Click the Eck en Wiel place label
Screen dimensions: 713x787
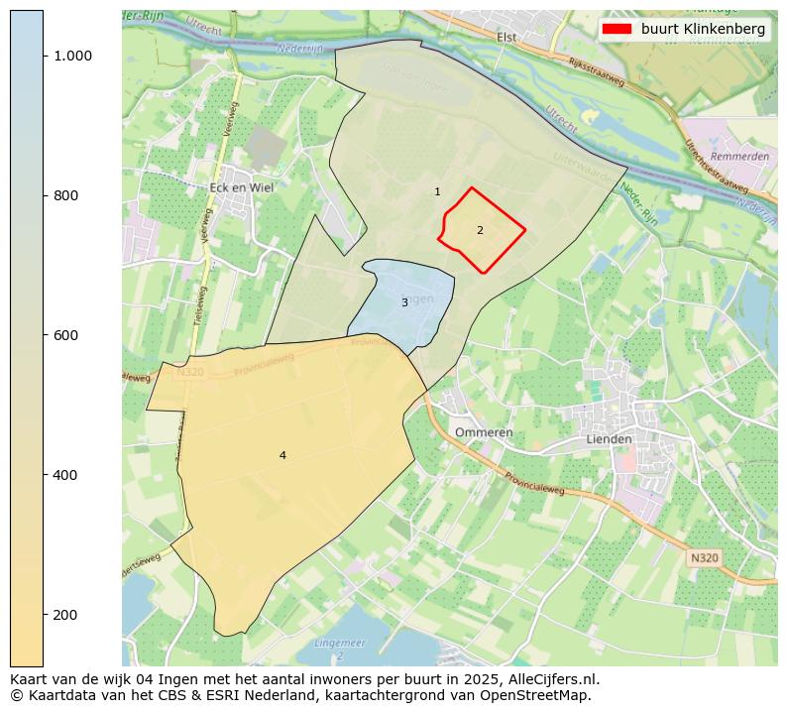[x=242, y=186]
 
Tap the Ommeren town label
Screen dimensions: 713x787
[x=484, y=432]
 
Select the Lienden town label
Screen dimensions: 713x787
[x=608, y=438]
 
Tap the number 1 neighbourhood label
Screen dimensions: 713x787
[x=437, y=191]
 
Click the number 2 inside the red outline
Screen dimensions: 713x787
[x=480, y=230]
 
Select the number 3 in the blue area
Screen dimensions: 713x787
[x=404, y=302]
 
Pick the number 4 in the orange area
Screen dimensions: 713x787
[x=282, y=455]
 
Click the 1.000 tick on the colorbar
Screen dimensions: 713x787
[x=73, y=56]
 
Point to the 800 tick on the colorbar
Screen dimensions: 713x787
[x=66, y=195]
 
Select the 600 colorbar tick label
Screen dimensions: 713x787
[x=66, y=335]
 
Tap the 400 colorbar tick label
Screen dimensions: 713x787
[x=66, y=475]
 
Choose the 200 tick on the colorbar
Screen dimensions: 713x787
[x=66, y=615]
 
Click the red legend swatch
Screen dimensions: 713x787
[x=618, y=29]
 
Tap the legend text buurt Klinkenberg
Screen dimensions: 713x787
[x=703, y=29]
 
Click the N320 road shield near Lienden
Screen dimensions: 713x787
[x=703, y=558]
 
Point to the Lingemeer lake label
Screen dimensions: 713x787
[x=339, y=644]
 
